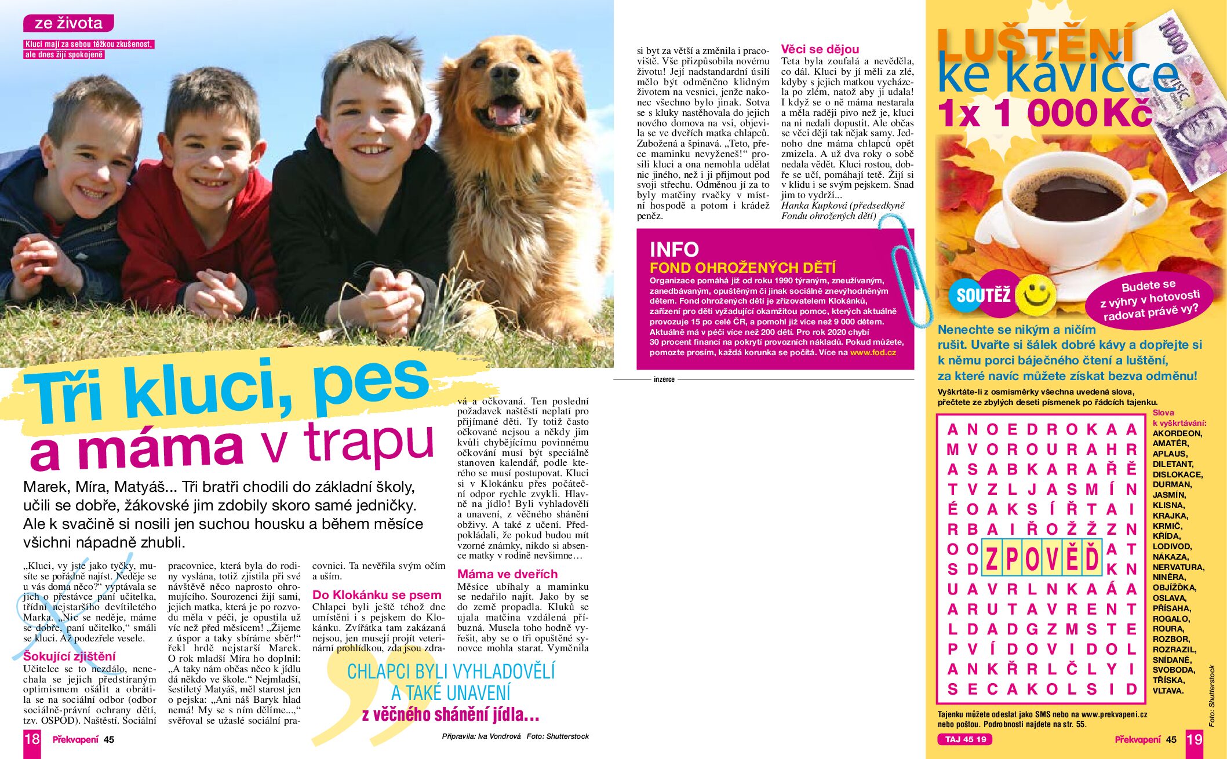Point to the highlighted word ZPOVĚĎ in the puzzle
click(1042, 559)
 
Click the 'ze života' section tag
click(68, 23)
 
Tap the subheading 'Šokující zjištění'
click(70, 656)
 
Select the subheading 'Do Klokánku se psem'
click(377, 595)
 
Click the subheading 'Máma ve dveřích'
click(507, 574)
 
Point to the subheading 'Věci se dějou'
click(820, 49)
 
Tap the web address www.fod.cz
click(873, 352)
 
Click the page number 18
click(32, 739)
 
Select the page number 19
click(1195, 739)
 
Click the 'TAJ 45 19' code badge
click(965, 739)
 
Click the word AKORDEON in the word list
click(1177, 433)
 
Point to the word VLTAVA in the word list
click(1167, 691)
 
